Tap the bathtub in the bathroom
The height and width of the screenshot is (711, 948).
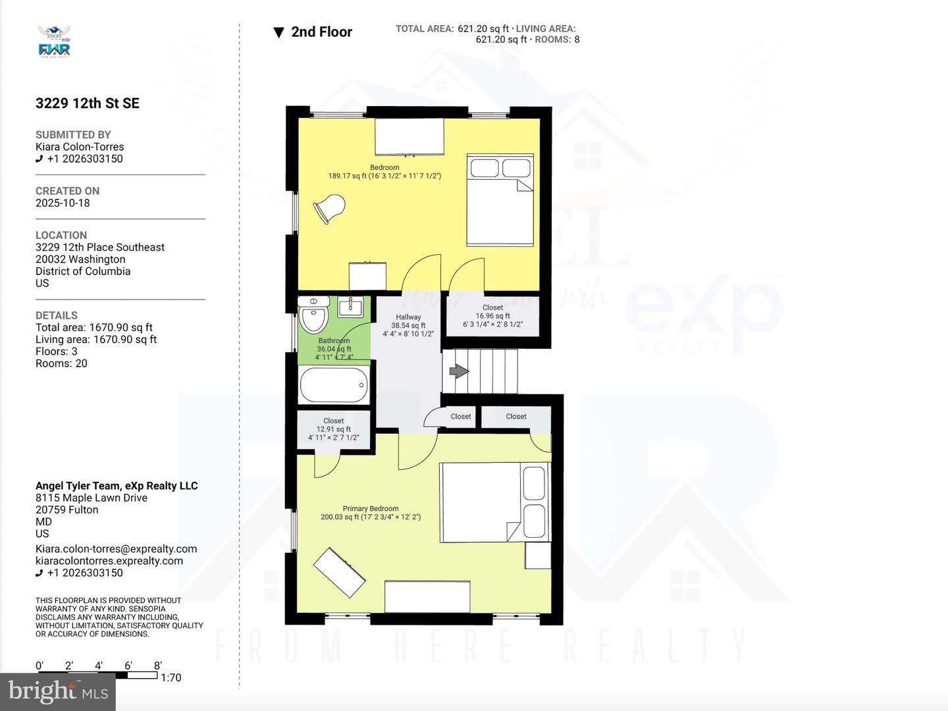[x=334, y=384]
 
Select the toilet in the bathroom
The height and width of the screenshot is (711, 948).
[x=313, y=315]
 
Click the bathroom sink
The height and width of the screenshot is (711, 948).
[x=352, y=305]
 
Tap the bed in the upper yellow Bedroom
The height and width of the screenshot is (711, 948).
[x=500, y=200]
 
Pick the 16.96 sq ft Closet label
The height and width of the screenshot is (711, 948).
[x=492, y=316]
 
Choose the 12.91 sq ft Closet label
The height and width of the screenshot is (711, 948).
[x=334, y=429]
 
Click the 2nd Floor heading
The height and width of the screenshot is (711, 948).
[x=321, y=32]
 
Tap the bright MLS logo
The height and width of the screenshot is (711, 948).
[x=58, y=691]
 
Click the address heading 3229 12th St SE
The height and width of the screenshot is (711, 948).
[x=88, y=103]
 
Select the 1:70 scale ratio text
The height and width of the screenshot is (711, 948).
[x=171, y=677]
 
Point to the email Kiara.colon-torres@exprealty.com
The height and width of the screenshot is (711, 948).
[x=117, y=549]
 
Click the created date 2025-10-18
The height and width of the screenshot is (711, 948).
[x=63, y=203]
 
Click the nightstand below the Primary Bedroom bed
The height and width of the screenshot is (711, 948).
[x=538, y=556]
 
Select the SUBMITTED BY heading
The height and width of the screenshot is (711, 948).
[x=73, y=134]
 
